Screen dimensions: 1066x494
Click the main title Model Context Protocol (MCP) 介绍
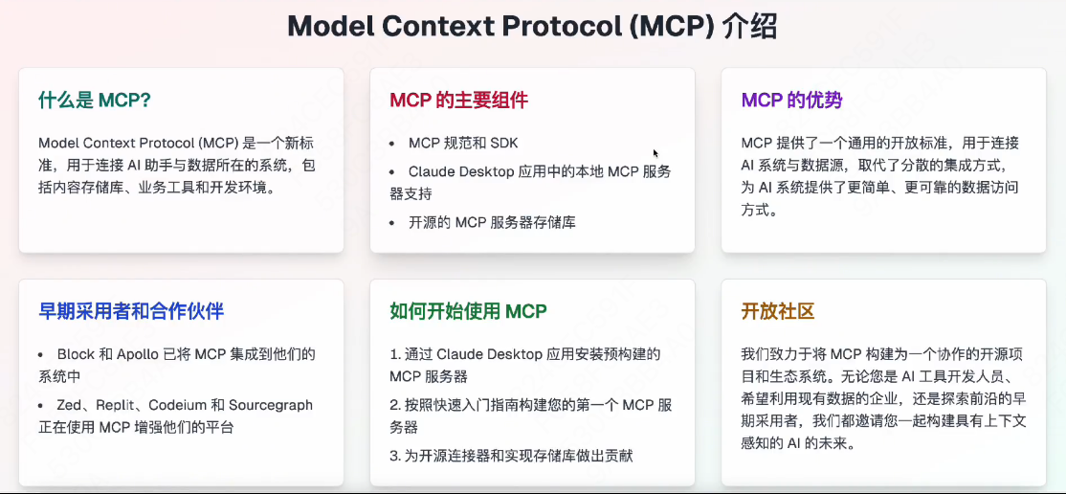532,26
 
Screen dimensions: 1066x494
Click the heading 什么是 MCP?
95,101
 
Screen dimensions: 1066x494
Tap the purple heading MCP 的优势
791,101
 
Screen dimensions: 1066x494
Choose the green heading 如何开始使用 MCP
468,311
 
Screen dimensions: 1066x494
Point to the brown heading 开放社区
777,311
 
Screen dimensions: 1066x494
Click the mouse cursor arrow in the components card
655,153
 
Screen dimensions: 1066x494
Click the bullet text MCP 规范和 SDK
462,143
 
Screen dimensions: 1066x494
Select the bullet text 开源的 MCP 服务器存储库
492,222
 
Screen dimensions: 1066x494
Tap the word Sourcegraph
272,405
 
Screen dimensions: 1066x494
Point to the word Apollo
138,354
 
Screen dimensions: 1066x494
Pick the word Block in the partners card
76,354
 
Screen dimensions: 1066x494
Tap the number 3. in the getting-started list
394,456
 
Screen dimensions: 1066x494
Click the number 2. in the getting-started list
394,405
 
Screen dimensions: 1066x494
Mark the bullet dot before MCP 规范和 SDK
392,144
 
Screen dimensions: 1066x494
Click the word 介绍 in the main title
751,26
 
